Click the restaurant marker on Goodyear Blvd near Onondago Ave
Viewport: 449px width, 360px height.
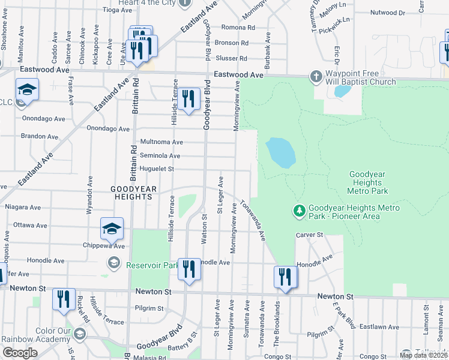189,99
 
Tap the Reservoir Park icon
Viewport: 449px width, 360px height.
113,263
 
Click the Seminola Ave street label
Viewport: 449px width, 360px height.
160,156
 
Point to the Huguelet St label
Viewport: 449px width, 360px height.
157,169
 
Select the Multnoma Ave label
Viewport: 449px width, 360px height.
161,142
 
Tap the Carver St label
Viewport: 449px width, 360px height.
309,235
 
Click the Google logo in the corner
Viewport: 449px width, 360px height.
20,352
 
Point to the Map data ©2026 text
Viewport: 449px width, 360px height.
423,355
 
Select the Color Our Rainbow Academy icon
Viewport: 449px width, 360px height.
80,334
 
